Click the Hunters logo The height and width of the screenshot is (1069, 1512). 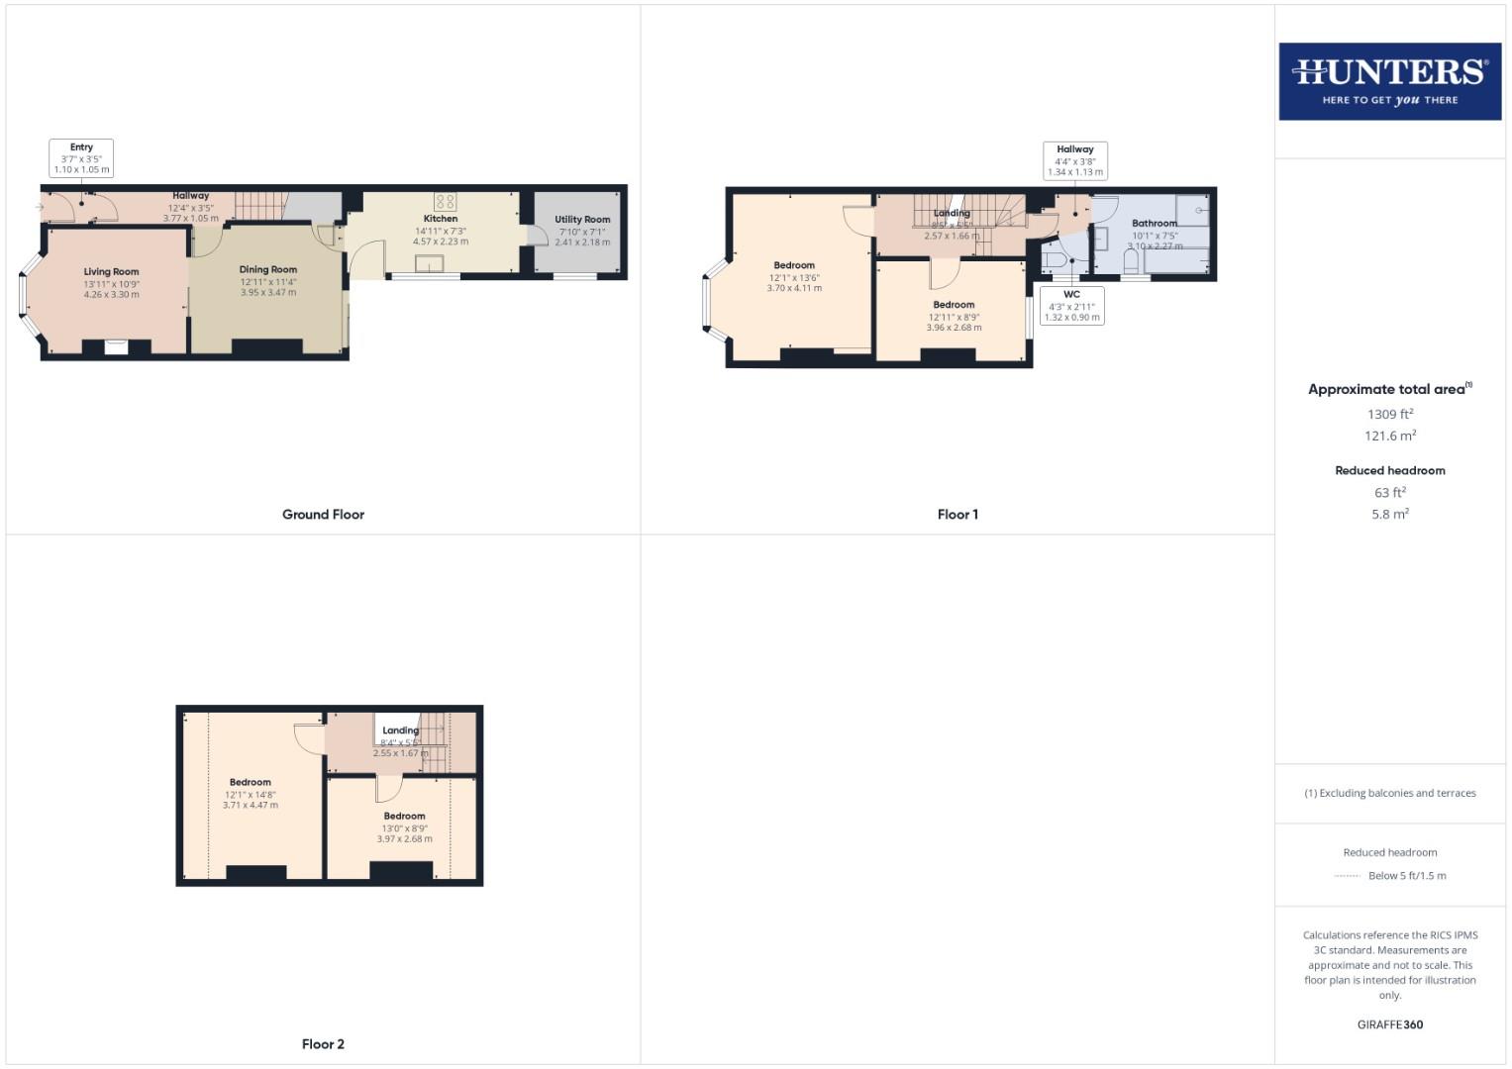point(1389,81)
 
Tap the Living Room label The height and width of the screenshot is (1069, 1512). point(111,272)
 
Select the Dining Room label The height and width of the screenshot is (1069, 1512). point(268,269)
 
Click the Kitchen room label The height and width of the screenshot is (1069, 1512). point(441,219)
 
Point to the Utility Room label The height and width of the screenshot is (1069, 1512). point(582,220)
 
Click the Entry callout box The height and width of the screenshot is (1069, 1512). point(81,158)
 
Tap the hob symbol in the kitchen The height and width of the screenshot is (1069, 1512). point(445,201)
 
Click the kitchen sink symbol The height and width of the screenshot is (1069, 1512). point(431,262)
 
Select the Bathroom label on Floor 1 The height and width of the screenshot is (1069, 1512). point(1155,224)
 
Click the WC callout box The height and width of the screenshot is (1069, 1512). point(1071,306)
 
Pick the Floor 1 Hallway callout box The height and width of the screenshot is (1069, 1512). point(1075,160)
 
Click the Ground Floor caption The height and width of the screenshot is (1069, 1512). point(323,515)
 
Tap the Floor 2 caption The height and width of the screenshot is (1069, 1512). point(323,1044)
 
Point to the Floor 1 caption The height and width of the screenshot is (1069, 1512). point(958,515)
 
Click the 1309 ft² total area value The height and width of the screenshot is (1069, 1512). point(1390,415)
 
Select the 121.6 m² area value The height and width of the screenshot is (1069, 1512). point(1390,437)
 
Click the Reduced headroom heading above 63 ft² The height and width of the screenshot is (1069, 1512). point(1390,471)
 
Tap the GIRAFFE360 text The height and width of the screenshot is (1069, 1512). point(1390,1025)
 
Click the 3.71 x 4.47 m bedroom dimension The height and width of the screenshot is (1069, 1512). point(250,806)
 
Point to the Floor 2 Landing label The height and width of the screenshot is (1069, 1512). point(401,730)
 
